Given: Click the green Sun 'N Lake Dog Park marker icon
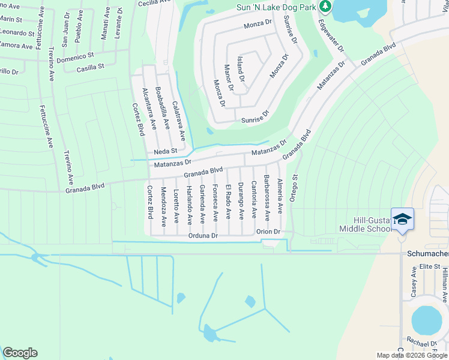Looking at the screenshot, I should click(326, 7).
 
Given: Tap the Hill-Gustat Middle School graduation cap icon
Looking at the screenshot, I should click(402, 219).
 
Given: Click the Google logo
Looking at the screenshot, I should click(20, 353).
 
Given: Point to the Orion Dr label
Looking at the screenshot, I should click(268, 232).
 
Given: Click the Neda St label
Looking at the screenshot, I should click(166, 151).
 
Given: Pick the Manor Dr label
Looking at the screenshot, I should click(228, 79).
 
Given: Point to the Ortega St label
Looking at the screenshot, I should click(295, 187).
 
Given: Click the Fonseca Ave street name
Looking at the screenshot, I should click(215, 202).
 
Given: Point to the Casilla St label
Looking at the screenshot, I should click(91, 68).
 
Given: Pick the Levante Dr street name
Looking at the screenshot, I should click(119, 21).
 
